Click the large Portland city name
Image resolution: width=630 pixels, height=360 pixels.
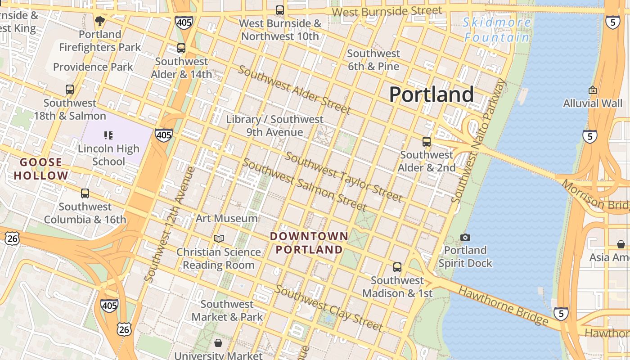click(431, 94)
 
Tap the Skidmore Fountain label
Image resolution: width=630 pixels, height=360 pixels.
click(496, 30)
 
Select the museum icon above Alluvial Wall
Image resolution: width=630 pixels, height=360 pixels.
click(593, 90)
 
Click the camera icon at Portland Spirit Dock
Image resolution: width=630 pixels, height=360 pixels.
click(465, 237)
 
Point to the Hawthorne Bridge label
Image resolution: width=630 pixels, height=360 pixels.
click(503, 306)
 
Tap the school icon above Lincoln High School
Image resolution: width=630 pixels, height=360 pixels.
click(108, 135)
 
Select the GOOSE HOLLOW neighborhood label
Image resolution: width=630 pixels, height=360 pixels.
click(41, 169)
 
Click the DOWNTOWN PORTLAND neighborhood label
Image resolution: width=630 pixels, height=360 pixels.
click(309, 243)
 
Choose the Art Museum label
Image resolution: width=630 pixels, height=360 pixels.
click(227, 218)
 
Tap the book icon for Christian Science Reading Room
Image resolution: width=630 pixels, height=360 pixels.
click(219, 238)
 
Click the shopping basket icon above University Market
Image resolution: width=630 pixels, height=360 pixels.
click(218, 343)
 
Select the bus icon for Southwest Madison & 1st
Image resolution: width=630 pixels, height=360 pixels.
click(397, 267)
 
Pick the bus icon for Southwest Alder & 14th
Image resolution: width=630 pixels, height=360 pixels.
click(181, 48)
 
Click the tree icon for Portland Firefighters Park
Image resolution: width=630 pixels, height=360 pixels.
click(100, 21)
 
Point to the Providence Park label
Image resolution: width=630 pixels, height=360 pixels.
click(93, 67)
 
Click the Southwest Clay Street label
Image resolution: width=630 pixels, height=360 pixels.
click(329, 307)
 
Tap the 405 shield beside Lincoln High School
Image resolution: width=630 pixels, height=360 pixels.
click(163, 135)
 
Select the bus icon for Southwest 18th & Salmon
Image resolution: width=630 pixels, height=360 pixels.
click(70, 90)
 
